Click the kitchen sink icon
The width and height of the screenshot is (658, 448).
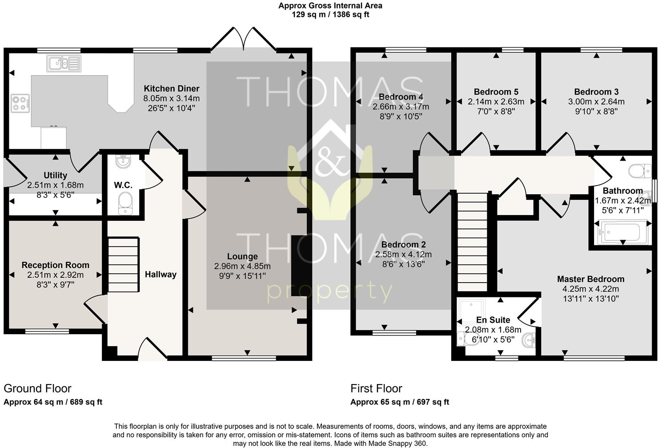coord(63,63)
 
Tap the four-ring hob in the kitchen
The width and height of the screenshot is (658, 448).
coord(20,104)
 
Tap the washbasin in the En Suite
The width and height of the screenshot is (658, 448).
coord(529,340)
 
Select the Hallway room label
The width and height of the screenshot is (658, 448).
coord(160,274)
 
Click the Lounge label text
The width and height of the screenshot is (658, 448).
coord(242,256)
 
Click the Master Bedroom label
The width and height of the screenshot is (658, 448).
coord(590,279)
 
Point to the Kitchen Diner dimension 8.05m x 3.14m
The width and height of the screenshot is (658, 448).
coord(171,98)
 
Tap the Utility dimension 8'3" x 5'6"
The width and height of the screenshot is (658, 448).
coord(55,194)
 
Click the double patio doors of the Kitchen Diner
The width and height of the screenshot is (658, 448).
coord(243,39)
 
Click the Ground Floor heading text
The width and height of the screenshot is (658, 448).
coord(37,388)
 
